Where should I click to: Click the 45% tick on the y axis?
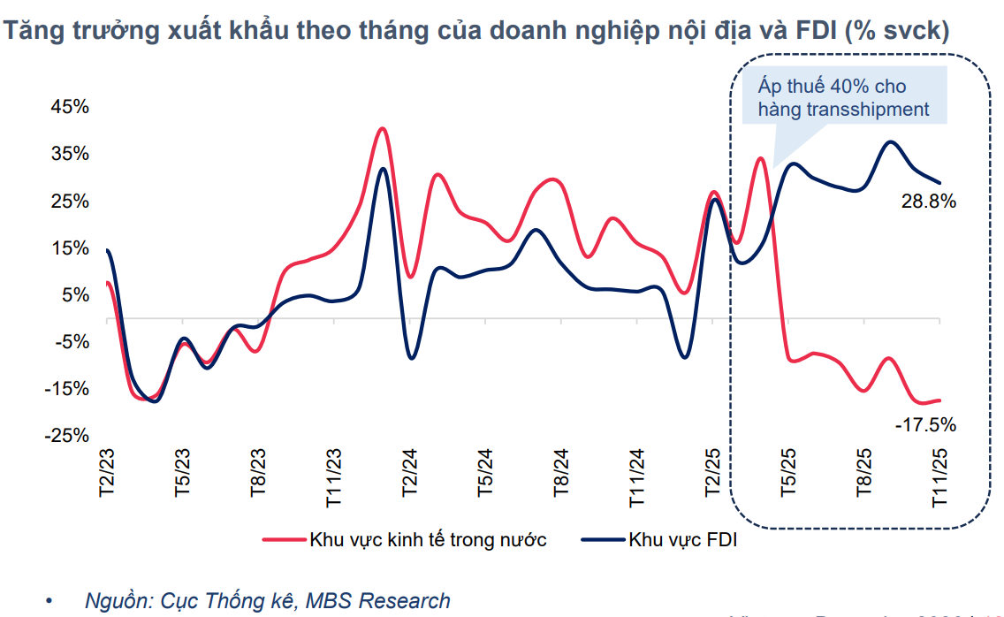[71, 107]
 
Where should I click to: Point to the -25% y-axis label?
[69, 436]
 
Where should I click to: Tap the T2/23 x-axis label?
[107, 476]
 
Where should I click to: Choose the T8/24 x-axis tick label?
[559, 476]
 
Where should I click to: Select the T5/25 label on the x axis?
[787, 476]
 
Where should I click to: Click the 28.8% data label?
[929, 202]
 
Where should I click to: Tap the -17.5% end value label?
[926, 425]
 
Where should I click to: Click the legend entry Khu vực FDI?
[682, 540]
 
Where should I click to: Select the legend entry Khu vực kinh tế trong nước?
[428, 540]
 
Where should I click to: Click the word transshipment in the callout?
[867, 110]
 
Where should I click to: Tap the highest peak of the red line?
[382, 128]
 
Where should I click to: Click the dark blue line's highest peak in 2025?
[890, 141]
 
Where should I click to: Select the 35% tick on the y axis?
[71, 154]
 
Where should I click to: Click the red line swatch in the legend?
[284, 540]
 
